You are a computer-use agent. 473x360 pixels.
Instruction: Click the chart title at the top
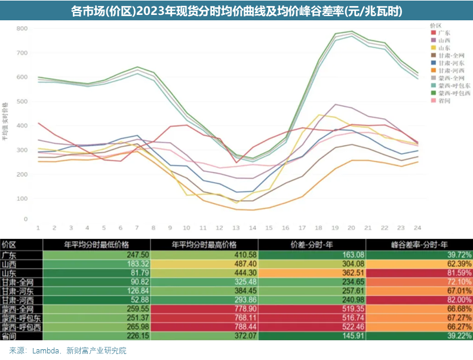(x=236, y=11)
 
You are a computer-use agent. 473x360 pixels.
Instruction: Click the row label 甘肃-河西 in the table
(x=16, y=300)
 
